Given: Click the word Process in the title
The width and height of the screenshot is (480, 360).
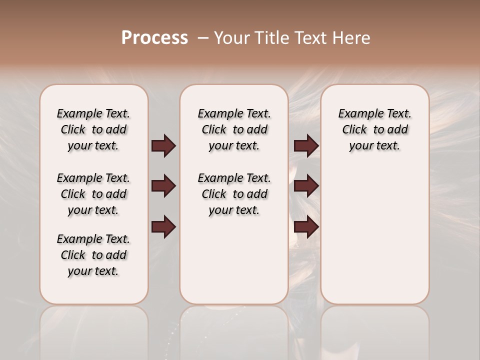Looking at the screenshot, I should (x=154, y=37).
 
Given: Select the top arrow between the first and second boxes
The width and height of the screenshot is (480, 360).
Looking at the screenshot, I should (x=163, y=146).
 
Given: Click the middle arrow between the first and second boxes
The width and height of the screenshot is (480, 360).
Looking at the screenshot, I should (x=163, y=186).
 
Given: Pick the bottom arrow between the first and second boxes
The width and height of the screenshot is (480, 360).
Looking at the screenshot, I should (x=163, y=227).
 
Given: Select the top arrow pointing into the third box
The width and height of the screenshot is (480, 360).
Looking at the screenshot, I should (x=306, y=146).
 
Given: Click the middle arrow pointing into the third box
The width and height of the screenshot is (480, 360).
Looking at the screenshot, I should (x=306, y=186).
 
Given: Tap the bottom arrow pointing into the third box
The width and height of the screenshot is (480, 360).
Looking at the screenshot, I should (x=306, y=227).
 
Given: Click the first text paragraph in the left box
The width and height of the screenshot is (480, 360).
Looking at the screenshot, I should (x=93, y=129).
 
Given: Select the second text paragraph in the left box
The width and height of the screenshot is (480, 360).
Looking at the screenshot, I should (x=93, y=194).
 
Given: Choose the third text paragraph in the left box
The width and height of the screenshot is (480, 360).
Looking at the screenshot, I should (x=93, y=255).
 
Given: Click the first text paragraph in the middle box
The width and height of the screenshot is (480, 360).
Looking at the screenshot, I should (x=234, y=129).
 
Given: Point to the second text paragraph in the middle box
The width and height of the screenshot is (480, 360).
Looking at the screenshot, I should (x=234, y=194).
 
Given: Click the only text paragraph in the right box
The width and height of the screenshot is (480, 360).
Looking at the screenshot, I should (x=374, y=129).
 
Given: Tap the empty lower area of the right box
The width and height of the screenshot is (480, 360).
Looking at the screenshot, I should (x=374, y=240).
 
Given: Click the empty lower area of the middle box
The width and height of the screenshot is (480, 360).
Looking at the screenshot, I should (x=234, y=260).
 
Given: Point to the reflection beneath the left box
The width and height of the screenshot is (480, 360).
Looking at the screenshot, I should (x=93, y=330).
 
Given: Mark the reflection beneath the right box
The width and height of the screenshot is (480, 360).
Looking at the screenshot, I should (x=374, y=330).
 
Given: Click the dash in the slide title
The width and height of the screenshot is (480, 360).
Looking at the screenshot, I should (x=202, y=38).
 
